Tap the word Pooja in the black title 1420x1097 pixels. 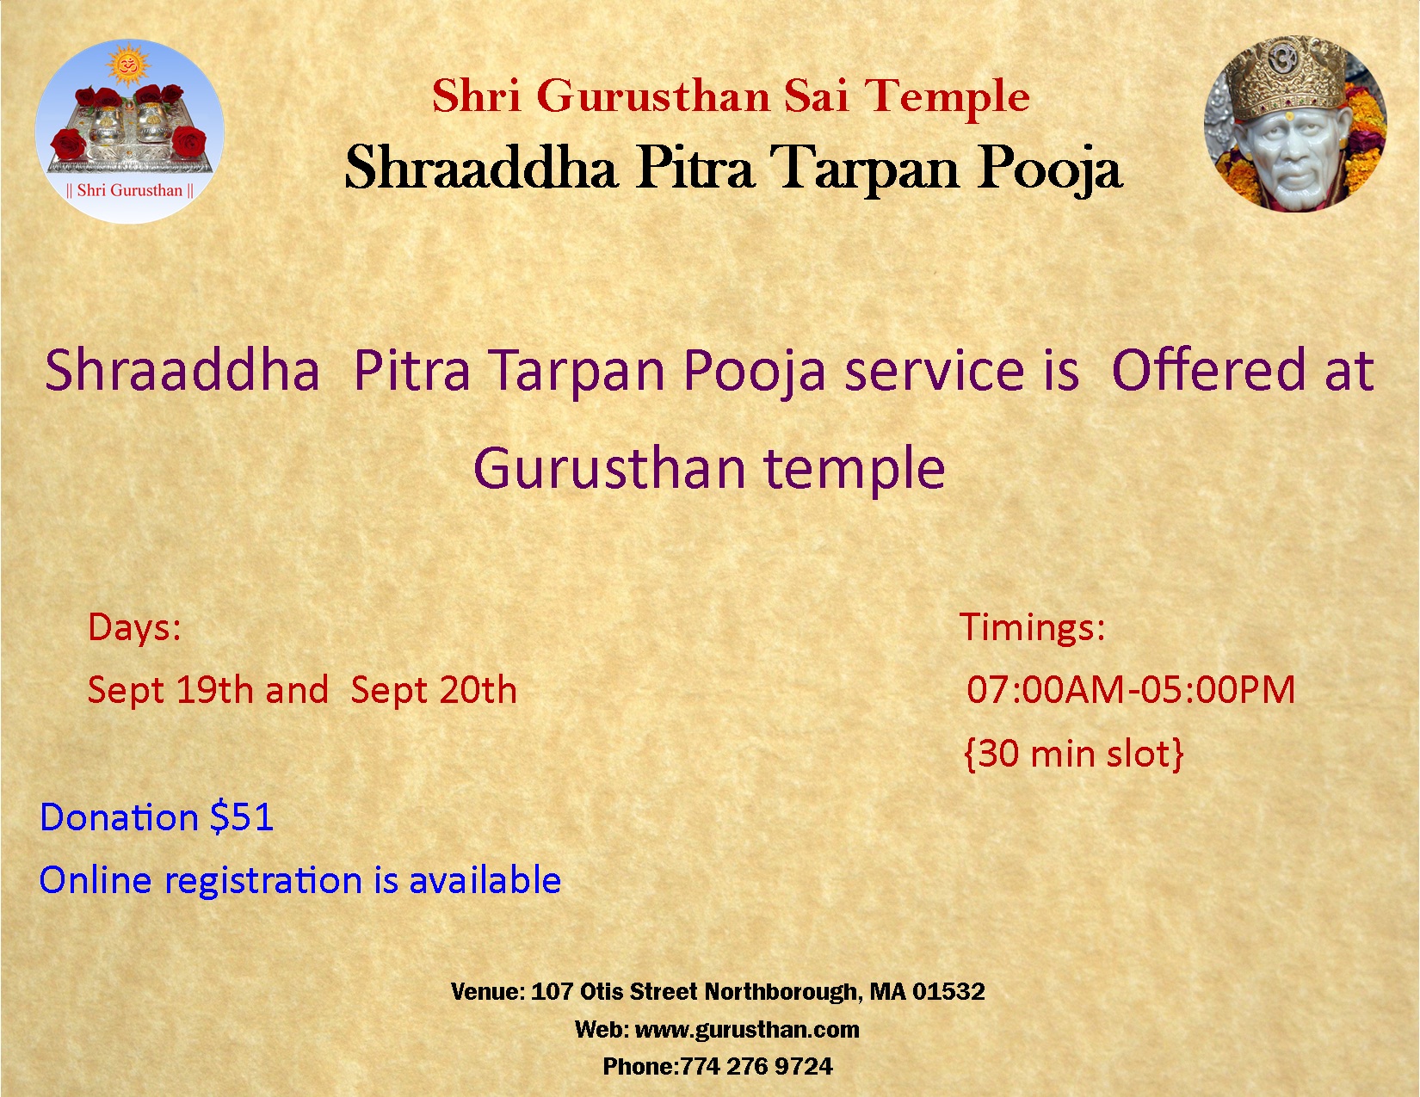1049,169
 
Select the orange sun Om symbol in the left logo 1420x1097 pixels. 128,67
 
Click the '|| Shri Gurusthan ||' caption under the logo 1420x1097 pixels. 130,191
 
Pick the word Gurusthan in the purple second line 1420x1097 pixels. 609,468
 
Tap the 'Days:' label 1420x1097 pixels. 134,628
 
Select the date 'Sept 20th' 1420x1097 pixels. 434,689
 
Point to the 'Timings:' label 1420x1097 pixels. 1033,627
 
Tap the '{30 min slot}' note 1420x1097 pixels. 1074,754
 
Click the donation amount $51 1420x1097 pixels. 241,817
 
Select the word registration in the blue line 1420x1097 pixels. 262,881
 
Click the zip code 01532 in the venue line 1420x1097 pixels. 948,991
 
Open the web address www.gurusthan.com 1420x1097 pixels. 748,1029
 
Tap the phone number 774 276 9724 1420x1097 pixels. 756,1066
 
